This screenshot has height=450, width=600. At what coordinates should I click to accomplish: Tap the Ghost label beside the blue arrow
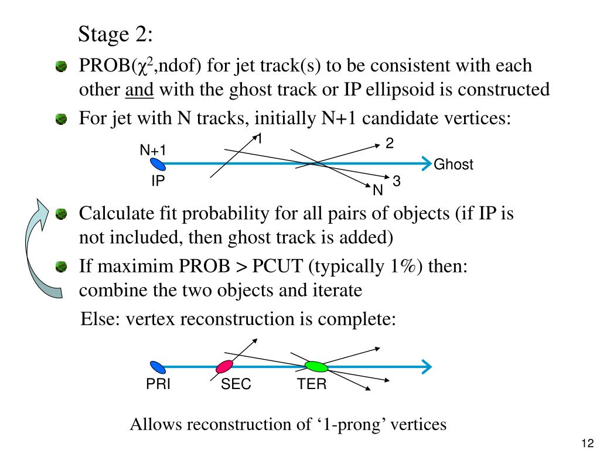coord(453,165)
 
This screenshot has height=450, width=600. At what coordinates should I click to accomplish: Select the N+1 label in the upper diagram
coord(152,151)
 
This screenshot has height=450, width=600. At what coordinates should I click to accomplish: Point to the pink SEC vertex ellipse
coord(224,367)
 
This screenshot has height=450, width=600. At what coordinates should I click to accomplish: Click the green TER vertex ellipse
coord(316,367)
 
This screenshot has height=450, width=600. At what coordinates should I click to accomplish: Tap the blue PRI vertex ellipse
coord(156,367)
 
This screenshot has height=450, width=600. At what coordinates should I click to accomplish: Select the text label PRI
coord(158,385)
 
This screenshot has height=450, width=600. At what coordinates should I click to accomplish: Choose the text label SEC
coord(236,385)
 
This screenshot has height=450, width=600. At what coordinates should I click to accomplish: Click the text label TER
coord(311,385)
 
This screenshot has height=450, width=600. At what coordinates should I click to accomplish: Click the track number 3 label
coord(397,182)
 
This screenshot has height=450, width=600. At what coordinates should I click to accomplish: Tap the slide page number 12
coord(588,443)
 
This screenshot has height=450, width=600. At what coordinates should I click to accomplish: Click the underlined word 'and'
coord(139,90)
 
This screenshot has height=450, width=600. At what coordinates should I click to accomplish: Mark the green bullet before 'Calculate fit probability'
coord(62,214)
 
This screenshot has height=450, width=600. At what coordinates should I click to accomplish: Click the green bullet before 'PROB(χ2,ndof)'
coord(62,67)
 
